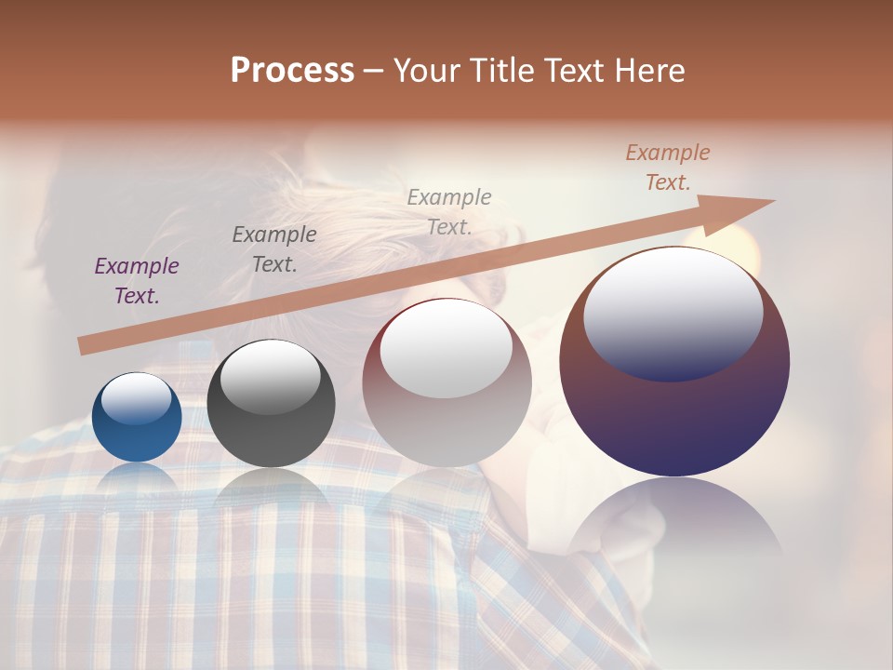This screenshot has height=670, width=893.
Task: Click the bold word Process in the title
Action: click(x=292, y=71)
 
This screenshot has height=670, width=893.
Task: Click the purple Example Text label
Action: click(x=137, y=281)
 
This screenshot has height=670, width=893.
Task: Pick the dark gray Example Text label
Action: click(x=274, y=249)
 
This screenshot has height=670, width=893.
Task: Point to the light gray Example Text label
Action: click(x=449, y=211)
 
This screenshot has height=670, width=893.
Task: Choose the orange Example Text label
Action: click(x=668, y=167)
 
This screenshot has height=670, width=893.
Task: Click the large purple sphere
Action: click(x=674, y=409)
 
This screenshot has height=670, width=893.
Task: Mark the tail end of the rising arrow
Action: click(x=84, y=346)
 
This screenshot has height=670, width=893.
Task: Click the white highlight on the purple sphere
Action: click(x=673, y=313)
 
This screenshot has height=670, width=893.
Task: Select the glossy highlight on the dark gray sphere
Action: click(x=270, y=377)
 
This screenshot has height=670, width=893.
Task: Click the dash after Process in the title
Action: click(x=374, y=71)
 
